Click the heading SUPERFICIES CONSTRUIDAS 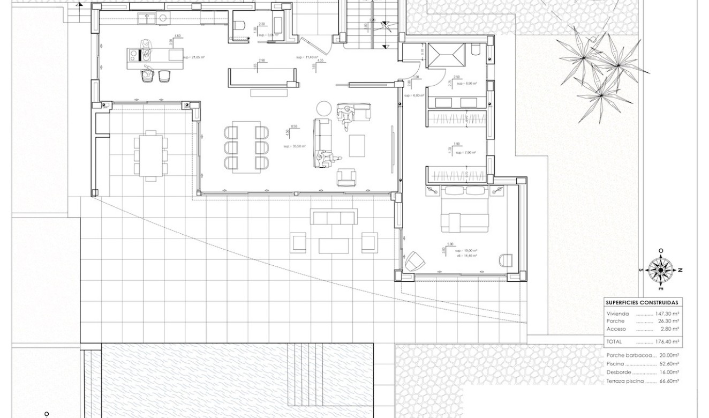point(642,302)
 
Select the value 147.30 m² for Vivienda point(667,313)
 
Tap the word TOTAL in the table point(615,341)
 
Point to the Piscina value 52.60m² point(668,363)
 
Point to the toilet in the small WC point(239,25)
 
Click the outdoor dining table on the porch point(150,155)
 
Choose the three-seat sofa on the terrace point(334,217)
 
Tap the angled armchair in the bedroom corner point(414,261)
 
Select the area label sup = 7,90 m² point(466,153)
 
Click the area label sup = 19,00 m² point(466,250)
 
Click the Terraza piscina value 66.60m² point(668,381)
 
